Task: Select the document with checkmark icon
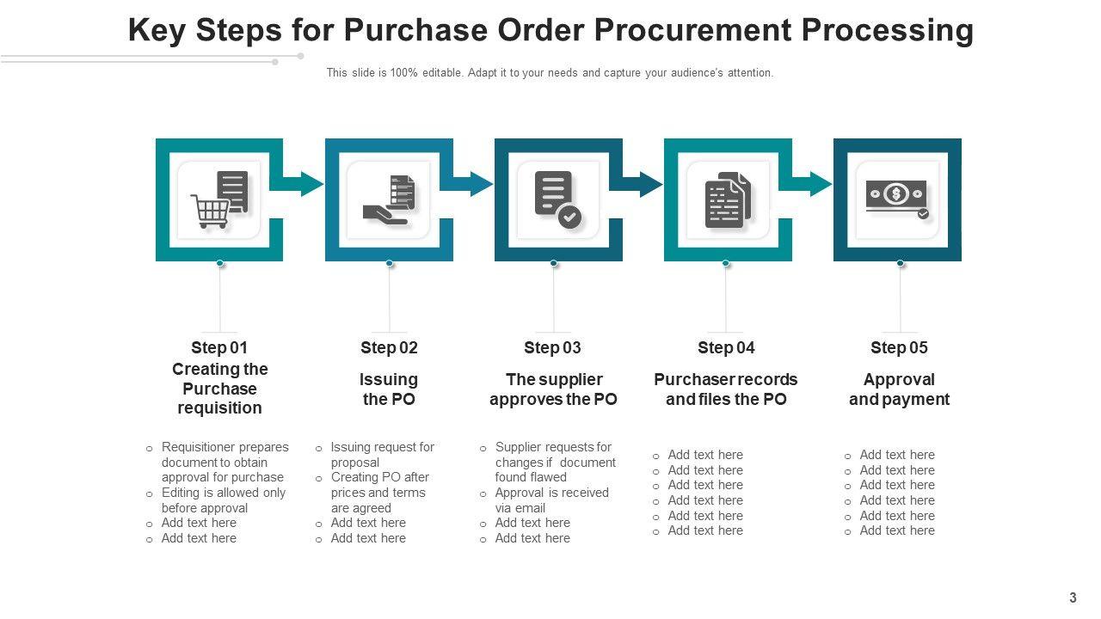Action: coord(557,199)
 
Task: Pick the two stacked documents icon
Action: coord(728,199)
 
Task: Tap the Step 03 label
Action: coord(552,347)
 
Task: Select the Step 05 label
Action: coord(899,347)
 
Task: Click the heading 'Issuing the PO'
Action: coord(389,389)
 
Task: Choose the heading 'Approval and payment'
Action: coord(899,389)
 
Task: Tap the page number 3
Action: coord(1073,598)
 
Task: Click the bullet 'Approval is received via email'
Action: coord(551,500)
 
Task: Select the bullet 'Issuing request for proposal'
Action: coord(382,455)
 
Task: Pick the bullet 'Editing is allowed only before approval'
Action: coord(223,500)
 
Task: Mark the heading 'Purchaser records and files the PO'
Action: coord(726,389)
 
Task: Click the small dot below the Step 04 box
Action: coord(726,263)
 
